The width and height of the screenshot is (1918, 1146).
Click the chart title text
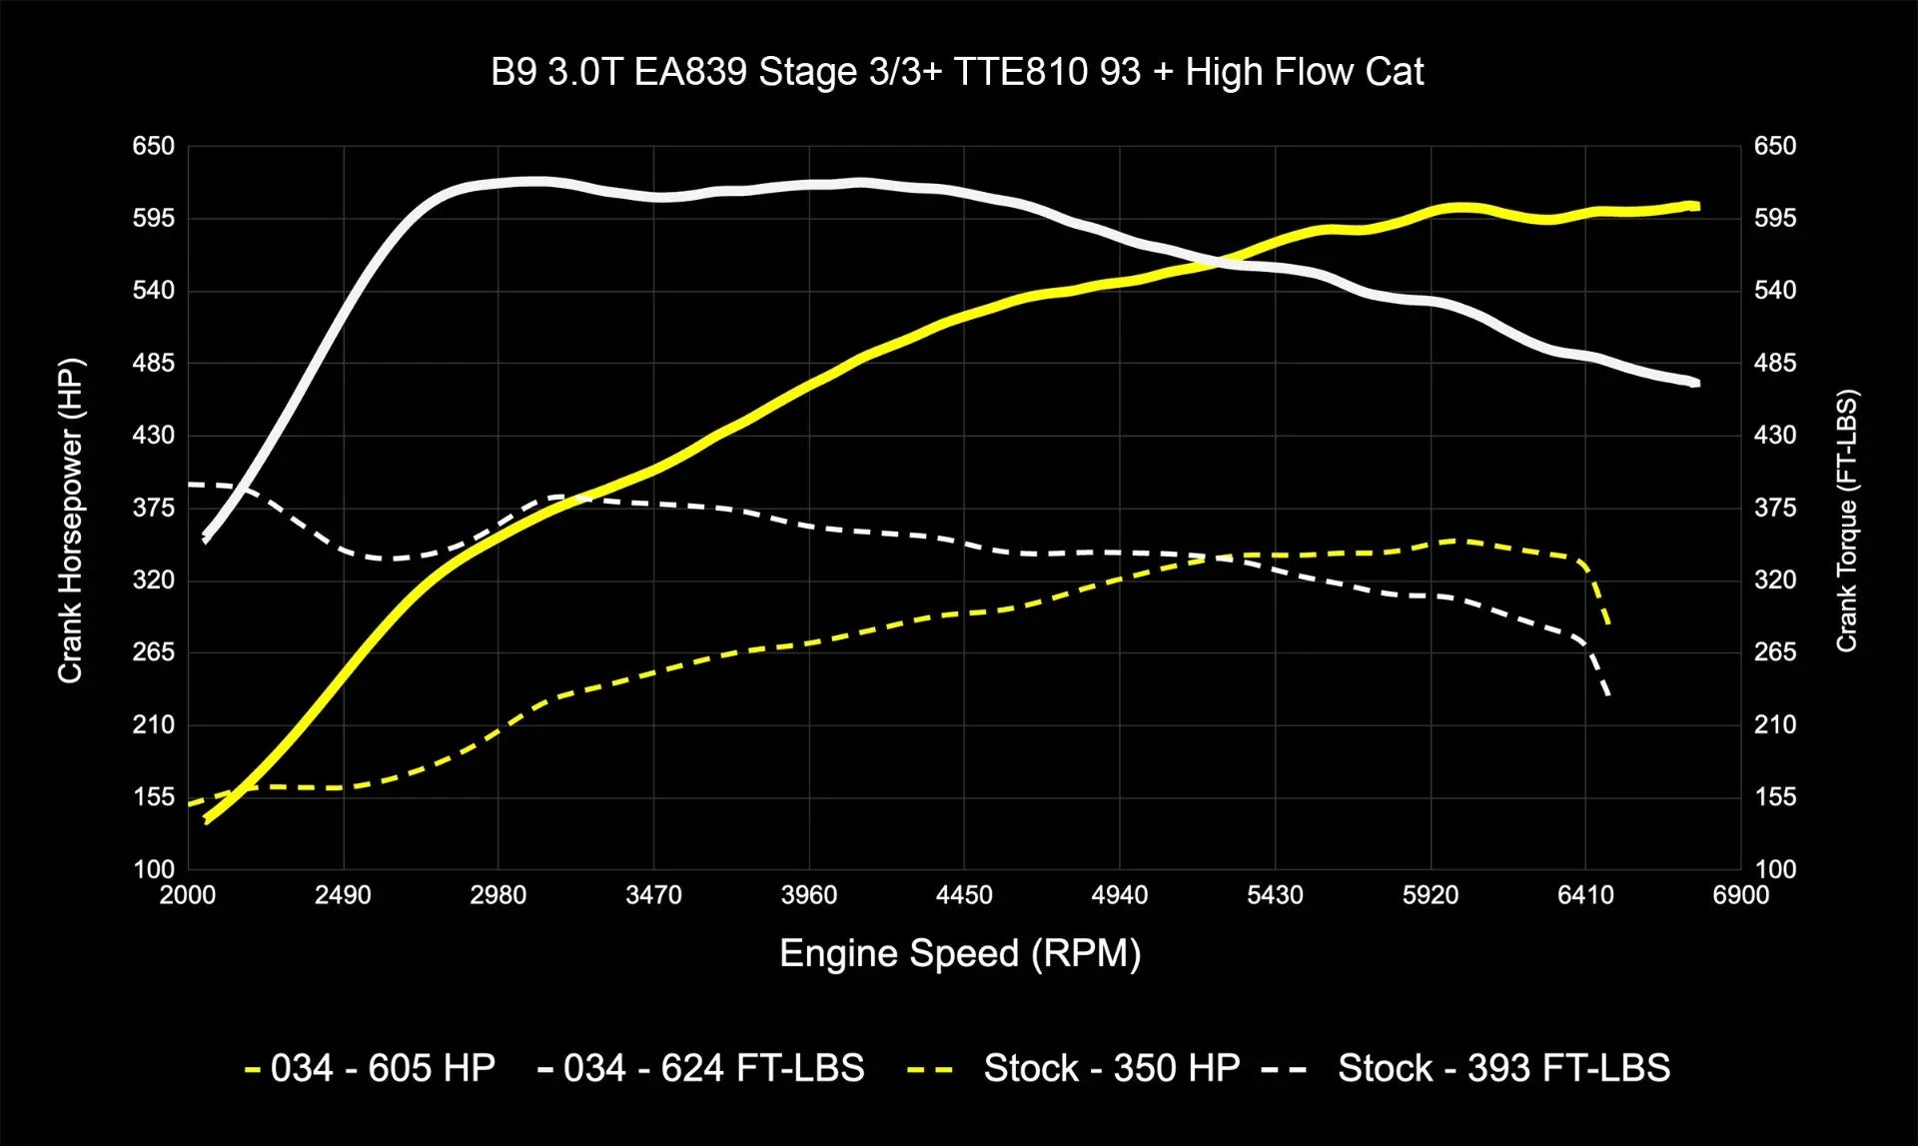tap(957, 72)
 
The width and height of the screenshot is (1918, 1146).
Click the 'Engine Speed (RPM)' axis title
tap(959, 953)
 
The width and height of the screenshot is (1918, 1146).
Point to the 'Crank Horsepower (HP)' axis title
tap(70, 520)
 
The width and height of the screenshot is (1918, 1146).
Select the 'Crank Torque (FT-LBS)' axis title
tap(1846, 520)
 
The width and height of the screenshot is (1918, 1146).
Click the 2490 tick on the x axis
tap(343, 895)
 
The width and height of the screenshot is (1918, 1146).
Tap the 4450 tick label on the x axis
tap(964, 895)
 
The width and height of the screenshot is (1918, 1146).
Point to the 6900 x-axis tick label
tap(1740, 895)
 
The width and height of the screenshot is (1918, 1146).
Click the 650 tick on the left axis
tap(153, 146)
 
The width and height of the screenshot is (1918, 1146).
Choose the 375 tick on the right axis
tap(1774, 508)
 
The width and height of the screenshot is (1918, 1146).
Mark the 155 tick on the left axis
tap(153, 797)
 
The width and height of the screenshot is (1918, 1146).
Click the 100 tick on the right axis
tap(1774, 869)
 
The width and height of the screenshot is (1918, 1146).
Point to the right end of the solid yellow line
tap(1697, 207)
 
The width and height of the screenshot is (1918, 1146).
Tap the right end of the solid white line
tap(1697, 384)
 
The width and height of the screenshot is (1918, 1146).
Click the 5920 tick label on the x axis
tap(1430, 895)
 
